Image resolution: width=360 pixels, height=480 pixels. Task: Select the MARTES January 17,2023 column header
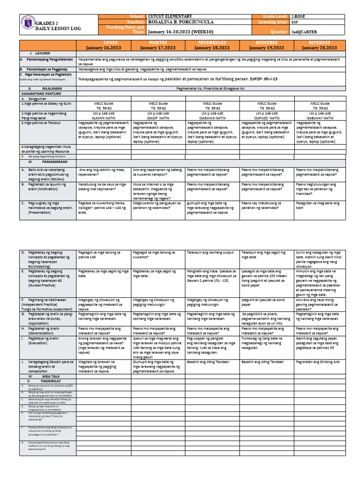click(x=158, y=45)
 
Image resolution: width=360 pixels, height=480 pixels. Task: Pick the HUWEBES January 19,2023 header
click(x=266, y=45)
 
